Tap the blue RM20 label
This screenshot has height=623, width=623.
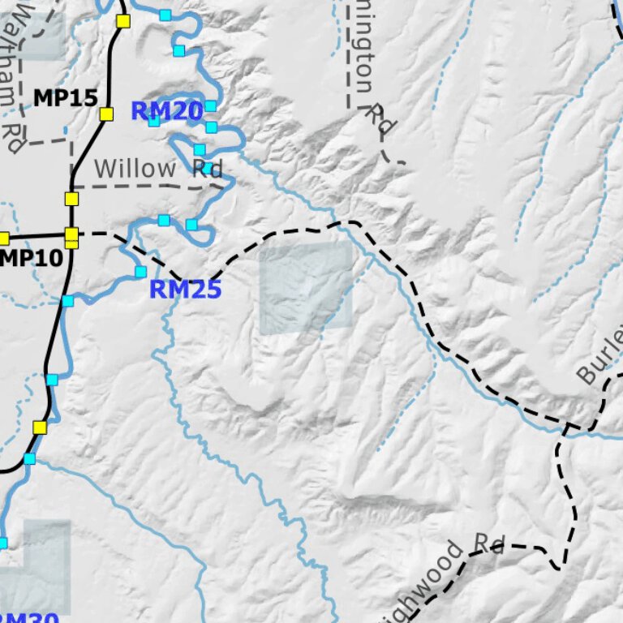166,111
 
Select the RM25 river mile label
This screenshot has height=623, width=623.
185,289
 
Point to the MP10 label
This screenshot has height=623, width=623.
32,259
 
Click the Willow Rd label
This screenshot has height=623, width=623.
158,169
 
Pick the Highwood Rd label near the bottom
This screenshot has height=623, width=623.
442,574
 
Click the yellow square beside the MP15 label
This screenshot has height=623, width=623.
106,114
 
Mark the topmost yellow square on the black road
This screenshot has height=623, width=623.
123,21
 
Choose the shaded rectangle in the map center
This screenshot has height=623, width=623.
307,289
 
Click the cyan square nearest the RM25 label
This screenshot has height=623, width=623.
140,272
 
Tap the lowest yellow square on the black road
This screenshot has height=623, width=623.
40,428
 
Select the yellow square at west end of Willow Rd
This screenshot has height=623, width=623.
71,199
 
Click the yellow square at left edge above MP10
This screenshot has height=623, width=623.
3,238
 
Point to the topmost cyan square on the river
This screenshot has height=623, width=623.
165,15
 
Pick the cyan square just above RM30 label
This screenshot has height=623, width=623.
2,543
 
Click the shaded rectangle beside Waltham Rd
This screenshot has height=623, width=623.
41,36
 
